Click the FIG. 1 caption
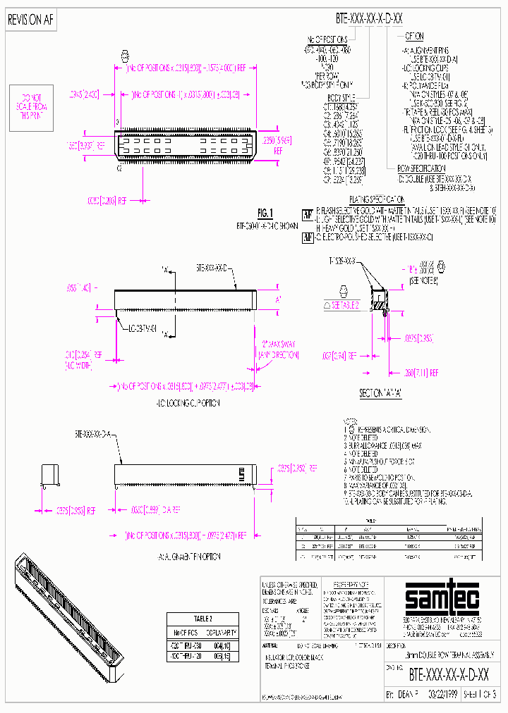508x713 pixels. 265,213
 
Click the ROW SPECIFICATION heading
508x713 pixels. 422,168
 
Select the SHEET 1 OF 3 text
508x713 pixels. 481,693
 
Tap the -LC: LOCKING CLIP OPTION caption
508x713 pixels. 188,403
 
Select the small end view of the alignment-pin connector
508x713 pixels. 50,475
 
